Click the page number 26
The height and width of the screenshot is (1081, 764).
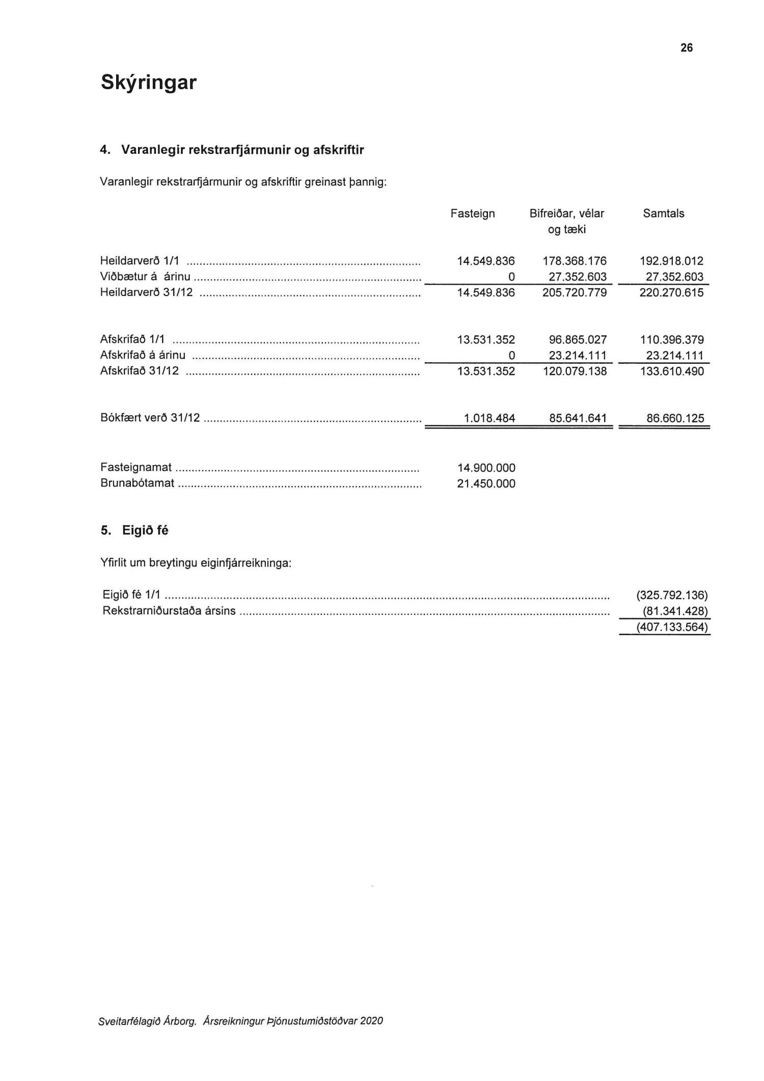click(x=686, y=48)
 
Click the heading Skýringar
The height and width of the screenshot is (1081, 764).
click(x=148, y=83)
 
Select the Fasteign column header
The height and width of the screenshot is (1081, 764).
click(x=472, y=213)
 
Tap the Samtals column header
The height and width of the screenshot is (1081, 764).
click(x=663, y=213)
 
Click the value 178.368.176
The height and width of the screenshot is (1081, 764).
click(x=574, y=261)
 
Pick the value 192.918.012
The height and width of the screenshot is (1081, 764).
click(x=671, y=261)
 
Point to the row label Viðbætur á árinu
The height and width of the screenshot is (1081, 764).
click(x=145, y=277)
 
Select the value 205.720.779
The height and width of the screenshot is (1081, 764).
click(x=574, y=293)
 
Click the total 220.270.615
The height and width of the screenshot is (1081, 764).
click(x=671, y=293)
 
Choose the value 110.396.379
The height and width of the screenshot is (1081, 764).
click(x=671, y=340)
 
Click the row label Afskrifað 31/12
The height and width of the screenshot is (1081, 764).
click(x=140, y=371)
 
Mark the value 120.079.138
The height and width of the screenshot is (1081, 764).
click(x=574, y=371)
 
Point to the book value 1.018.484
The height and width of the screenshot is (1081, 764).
click(x=489, y=419)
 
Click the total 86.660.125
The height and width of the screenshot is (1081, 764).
click(x=675, y=419)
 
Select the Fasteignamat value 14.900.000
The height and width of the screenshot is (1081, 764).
click(x=486, y=468)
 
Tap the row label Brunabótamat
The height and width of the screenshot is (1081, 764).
click(x=137, y=483)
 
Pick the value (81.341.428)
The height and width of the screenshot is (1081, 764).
click(x=675, y=611)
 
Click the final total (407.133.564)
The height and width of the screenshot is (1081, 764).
click(x=672, y=627)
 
